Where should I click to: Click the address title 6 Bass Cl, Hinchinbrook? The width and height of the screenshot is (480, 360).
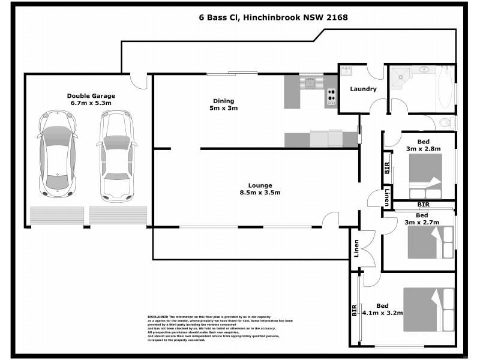274,17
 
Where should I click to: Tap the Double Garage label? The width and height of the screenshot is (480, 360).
91,99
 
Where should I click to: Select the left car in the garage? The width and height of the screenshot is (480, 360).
58,154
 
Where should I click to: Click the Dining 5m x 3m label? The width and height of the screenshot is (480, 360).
223,104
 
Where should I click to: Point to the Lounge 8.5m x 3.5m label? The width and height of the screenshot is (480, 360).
259,189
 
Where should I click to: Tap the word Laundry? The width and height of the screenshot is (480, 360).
363,89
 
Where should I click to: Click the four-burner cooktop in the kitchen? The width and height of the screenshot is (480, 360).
331,97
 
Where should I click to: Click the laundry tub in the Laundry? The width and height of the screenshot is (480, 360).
347,72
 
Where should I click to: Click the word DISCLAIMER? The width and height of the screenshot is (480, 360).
158,316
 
